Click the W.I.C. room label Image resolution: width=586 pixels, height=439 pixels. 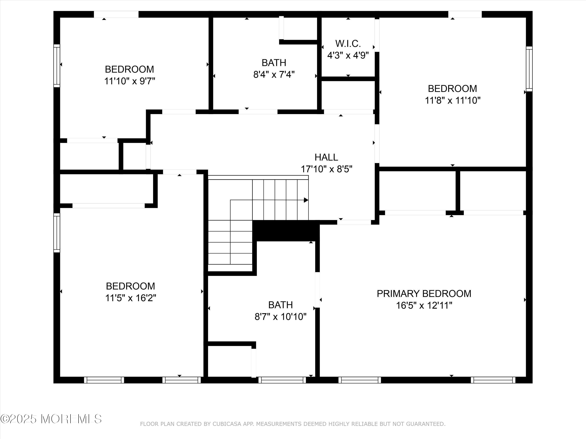pyautogui.click(x=348, y=43)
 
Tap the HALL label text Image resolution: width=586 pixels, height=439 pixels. pyautogui.click(x=326, y=157)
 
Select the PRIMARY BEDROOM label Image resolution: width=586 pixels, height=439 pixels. pyautogui.click(x=424, y=293)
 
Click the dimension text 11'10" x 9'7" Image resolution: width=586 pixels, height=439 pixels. pyautogui.click(x=129, y=81)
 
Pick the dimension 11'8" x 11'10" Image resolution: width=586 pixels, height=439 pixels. pyautogui.click(x=453, y=100)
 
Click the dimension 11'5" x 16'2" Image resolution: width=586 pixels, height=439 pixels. pyautogui.click(x=131, y=298)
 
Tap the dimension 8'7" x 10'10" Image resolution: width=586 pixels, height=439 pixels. pyautogui.click(x=280, y=316)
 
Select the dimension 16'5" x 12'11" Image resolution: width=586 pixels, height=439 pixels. pyautogui.click(x=424, y=305)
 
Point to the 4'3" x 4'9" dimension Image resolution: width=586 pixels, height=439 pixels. pyautogui.click(x=348, y=56)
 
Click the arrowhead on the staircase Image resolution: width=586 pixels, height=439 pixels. pyautogui.click(x=306, y=200)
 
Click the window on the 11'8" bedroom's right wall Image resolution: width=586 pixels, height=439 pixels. pyautogui.click(x=529, y=69)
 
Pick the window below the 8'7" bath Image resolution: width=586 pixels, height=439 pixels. pyautogui.click(x=282, y=380)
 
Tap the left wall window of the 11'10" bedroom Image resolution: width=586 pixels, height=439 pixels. pyautogui.click(x=57, y=66)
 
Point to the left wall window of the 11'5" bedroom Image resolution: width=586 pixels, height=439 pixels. pyautogui.click(x=57, y=233)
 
